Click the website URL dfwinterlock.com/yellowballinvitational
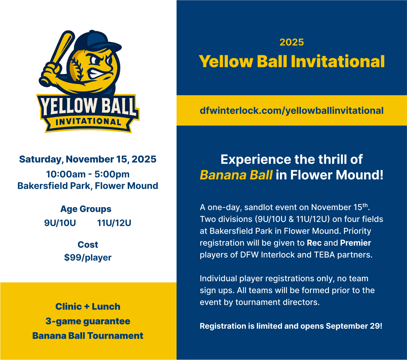291,111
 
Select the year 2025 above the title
292,42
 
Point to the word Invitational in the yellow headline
338,61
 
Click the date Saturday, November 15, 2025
87,159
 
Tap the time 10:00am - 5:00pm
88,174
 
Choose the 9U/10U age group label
60,223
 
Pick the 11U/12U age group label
114,223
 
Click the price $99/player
88,258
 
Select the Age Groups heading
86,209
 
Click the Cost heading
88,245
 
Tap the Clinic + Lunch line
88,306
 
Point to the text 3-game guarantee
88,321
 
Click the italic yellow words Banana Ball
236,175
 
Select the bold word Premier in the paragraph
355,243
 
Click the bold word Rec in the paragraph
314,243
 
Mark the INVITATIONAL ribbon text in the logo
88,122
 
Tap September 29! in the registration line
354,326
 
